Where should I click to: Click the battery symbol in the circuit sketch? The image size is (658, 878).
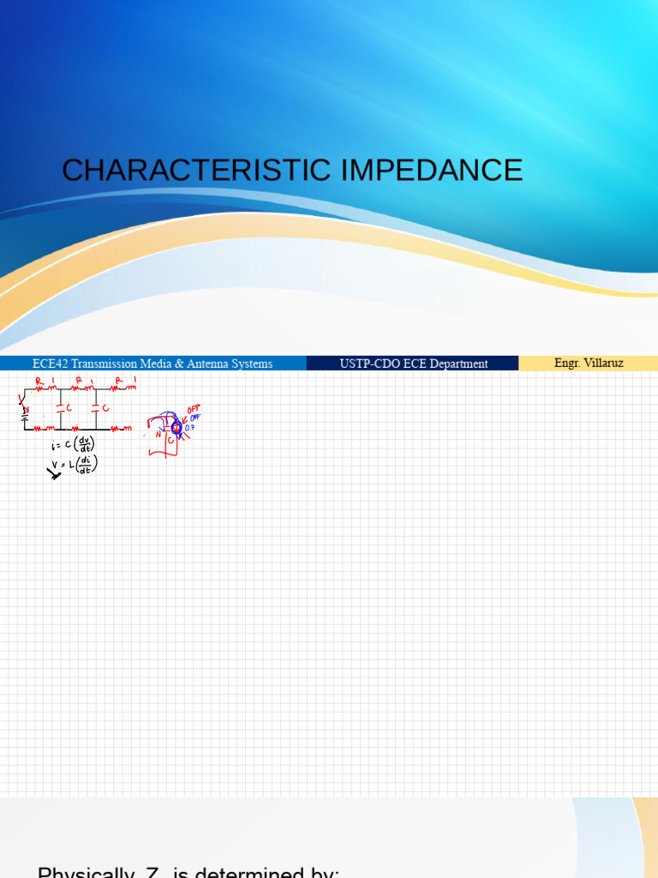[25, 416]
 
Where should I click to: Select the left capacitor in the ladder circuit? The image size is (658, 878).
[60, 408]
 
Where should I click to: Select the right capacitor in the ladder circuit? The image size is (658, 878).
[97, 408]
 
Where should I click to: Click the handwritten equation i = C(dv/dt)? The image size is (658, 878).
[74, 444]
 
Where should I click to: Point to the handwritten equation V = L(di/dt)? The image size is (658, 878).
[75, 464]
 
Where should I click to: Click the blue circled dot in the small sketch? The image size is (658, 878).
[176, 428]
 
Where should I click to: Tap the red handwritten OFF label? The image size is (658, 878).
[194, 410]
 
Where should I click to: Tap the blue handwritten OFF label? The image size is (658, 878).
[195, 418]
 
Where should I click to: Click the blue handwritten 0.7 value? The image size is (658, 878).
[190, 427]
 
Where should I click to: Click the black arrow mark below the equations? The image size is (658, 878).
[54, 471]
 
